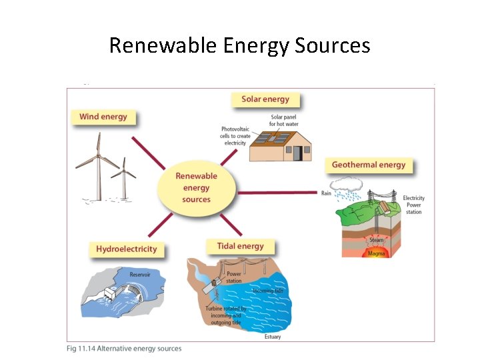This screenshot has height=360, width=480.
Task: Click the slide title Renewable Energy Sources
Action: [x=239, y=45]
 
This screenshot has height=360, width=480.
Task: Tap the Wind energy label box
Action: [x=103, y=117]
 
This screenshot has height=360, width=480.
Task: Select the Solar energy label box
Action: [x=265, y=99]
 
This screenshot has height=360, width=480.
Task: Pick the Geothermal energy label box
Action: [x=369, y=165]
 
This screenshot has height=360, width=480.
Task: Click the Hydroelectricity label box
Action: [x=127, y=249]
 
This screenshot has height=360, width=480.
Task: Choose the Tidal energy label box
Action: [x=240, y=246]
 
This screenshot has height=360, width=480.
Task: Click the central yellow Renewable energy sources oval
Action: [x=196, y=187]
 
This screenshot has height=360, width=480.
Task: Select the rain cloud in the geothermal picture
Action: [x=347, y=184]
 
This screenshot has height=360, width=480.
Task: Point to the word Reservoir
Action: [x=140, y=274]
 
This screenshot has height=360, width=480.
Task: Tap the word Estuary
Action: [x=272, y=337]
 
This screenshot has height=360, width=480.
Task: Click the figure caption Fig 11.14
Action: [x=123, y=349]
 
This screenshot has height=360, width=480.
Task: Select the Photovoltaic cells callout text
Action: [x=235, y=136]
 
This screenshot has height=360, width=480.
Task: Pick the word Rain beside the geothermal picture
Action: [x=326, y=193]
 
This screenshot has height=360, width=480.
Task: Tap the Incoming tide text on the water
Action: [x=273, y=291]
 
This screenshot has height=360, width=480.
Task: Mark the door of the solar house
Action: [x=297, y=153]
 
